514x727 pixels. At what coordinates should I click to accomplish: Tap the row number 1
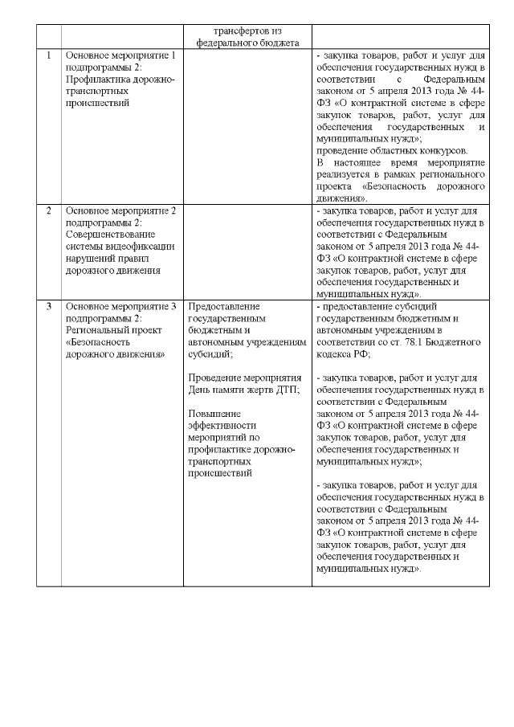pyautogui.click(x=49, y=55)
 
